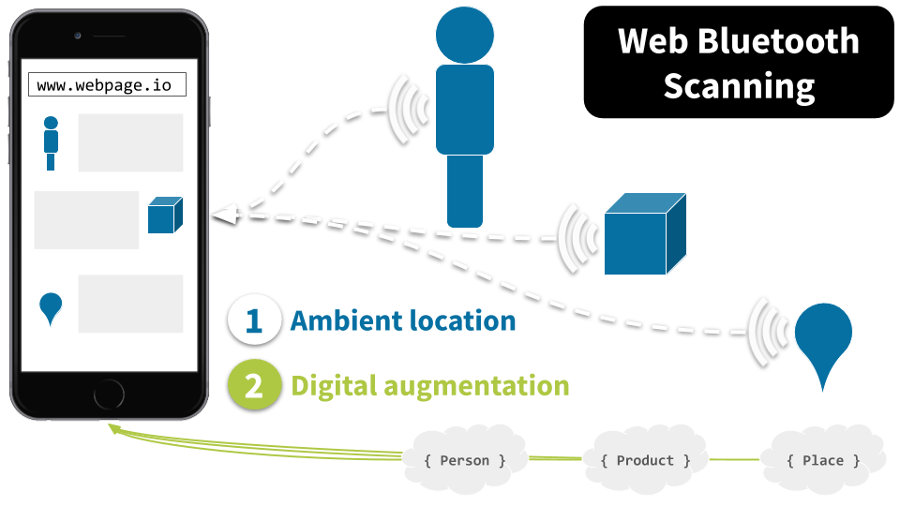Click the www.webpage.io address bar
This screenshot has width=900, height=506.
click(x=107, y=85)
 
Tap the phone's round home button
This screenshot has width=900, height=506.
click(x=108, y=394)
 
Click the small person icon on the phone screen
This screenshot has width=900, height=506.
click(x=51, y=142)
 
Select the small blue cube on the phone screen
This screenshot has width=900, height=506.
click(x=164, y=216)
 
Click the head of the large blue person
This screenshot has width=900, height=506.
click(x=464, y=35)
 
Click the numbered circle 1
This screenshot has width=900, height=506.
click(x=254, y=320)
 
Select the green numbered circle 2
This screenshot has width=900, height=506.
click(x=254, y=386)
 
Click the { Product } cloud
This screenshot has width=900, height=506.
click(x=645, y=459)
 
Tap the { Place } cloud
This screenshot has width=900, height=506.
click(x=823, y=459)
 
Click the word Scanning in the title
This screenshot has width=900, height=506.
click(x=739, y=86)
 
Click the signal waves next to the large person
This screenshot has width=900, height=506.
click(x=409, y=111)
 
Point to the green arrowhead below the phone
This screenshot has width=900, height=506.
click(x=113, y=428)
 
